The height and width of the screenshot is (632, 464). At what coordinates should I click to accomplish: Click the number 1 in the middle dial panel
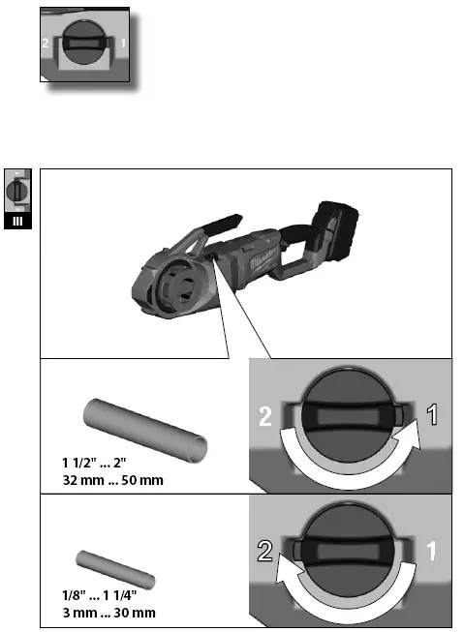[x=434, y=417]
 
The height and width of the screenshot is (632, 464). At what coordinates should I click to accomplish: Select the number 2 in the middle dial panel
[x=263, y=418]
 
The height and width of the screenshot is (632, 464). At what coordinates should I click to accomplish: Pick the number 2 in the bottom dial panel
[x=263, y=553]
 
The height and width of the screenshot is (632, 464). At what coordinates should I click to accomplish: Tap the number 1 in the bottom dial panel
[x=434, y=553]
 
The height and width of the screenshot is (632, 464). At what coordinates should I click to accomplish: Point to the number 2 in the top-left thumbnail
[x=46, y=45]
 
